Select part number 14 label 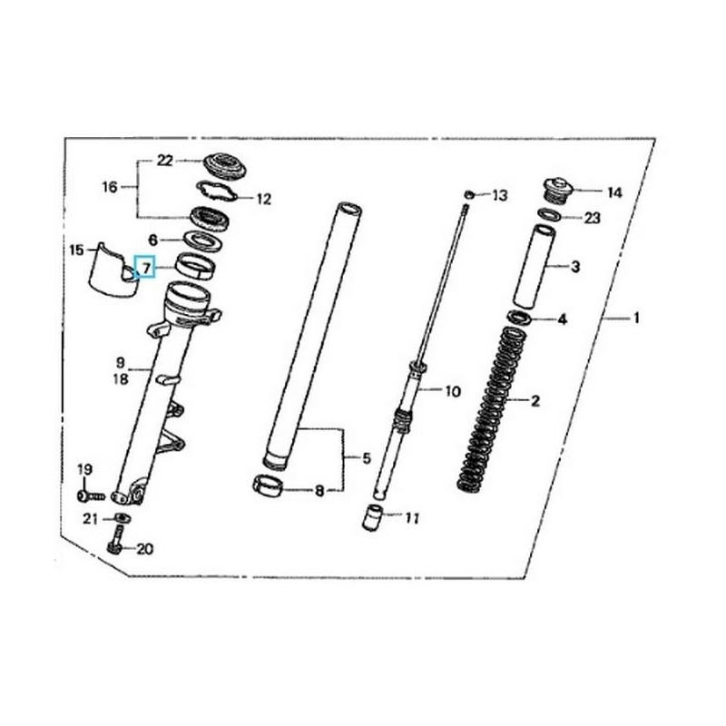pyautogui.click(x=615, y=191)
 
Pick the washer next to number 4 pyautogui.click(x=523, y=319)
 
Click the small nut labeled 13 pyautogui.click(x=468, y=194)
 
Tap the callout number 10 pyautogui.click(x=452, y=391)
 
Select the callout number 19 pyautogui.click(x=84, y=470)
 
